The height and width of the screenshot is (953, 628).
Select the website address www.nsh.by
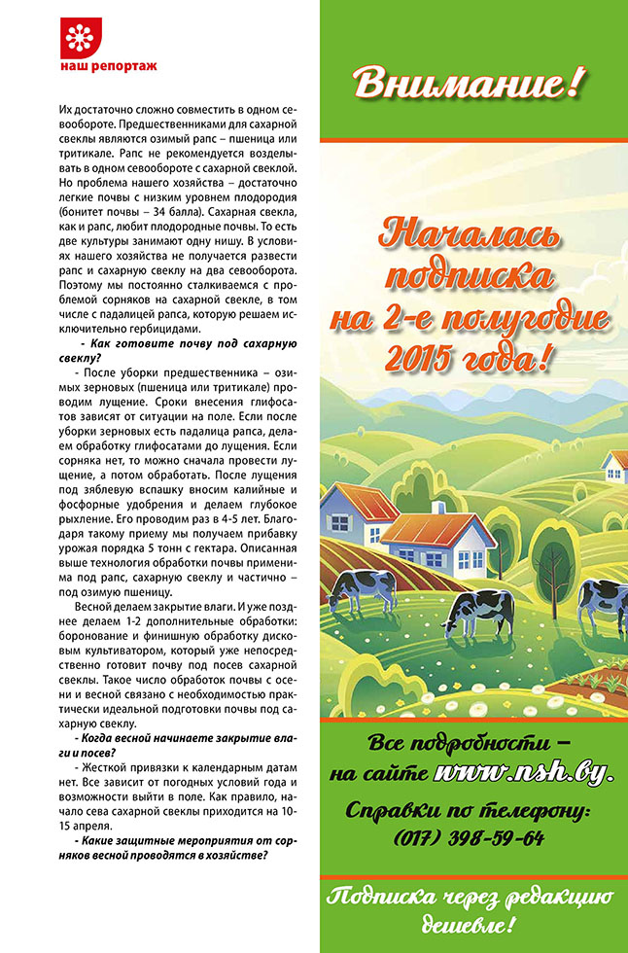point(524,774)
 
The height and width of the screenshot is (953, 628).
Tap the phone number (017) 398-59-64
point(469,838)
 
